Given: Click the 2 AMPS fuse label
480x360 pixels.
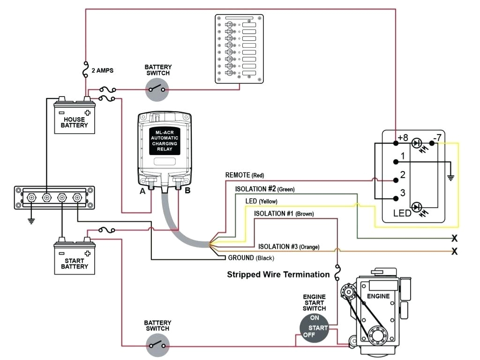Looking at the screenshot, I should click(x=102, y=70).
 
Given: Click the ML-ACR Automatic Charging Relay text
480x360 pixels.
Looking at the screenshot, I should click(x=165, y=141).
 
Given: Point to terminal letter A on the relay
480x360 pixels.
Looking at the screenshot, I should click(x=142, y=191).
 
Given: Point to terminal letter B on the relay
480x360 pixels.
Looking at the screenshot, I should click(x=187, y=191).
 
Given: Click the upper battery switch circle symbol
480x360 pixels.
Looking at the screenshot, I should click(x=157, y=89).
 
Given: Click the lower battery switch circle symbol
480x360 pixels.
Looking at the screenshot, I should click(x=157, y=346).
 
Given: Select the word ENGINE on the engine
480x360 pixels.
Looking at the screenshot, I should click(x=378, y=297).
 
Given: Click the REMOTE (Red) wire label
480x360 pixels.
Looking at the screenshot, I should click(x=245, y=175).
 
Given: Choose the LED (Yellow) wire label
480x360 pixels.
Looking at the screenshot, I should click(x=261, y=201).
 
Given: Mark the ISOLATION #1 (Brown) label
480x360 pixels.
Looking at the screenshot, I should click(x=284, y=214).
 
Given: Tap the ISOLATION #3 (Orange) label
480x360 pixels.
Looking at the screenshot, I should click(x=289, y=247).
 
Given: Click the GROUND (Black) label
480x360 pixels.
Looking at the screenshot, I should click(x=251, y=258).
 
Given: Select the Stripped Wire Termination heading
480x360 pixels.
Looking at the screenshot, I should click(x=278, y=274).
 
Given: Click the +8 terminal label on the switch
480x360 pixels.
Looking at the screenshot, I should click(x=403, y=138).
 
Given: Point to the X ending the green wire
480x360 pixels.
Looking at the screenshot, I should click(x=454, y=238).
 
